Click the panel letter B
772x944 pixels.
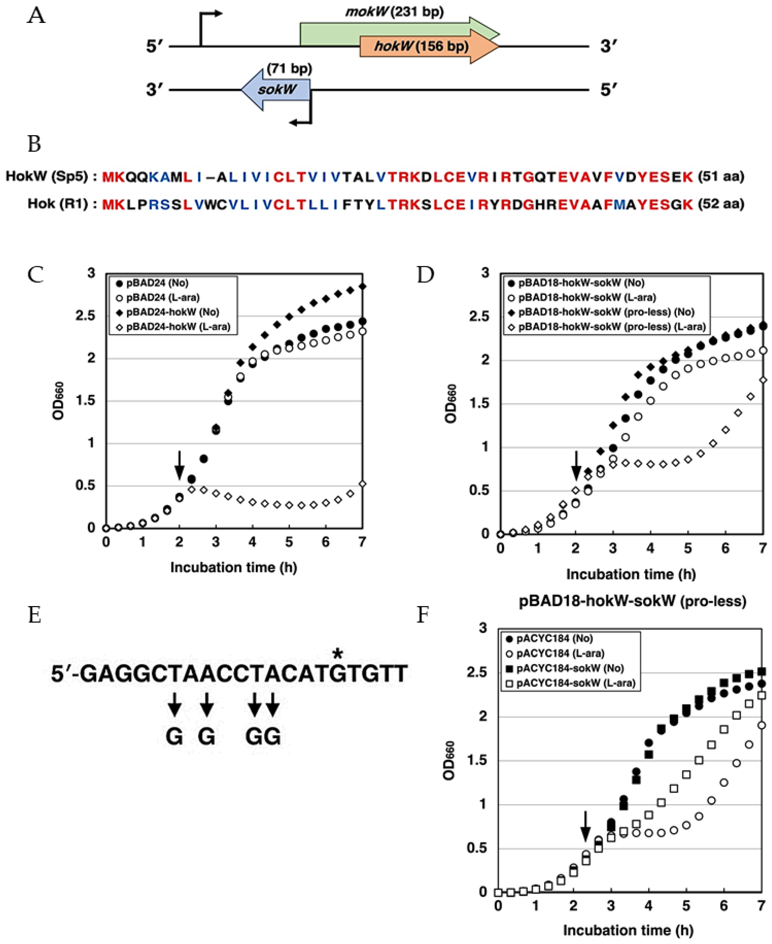tap(34, 144)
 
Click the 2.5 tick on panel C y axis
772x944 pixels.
tap(86, 315)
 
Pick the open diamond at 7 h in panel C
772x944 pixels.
tap(362, 484)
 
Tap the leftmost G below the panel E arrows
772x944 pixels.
tap(174, 737)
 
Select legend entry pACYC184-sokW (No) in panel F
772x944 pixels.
tap(570, 668)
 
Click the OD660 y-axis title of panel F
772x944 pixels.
tap(449, 760)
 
